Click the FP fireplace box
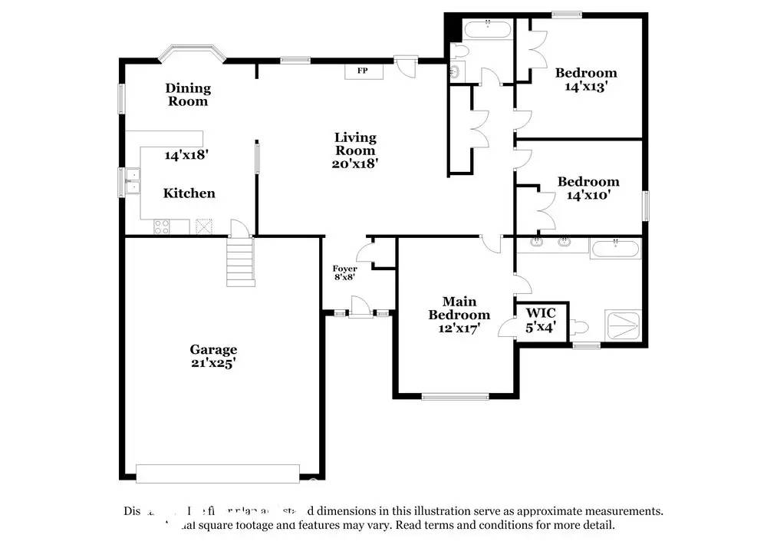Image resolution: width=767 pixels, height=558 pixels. [361, 71]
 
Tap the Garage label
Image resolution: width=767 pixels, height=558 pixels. [213, 349]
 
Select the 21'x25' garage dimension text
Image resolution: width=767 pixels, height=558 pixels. [213, 364]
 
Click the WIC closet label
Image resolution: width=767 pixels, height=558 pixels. [541, 313]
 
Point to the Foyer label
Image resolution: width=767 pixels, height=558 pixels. [344, 269]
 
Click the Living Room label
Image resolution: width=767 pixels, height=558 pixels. [355, 144]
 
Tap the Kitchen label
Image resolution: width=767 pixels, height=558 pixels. [189, 193]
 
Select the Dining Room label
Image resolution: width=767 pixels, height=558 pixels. [188, 94]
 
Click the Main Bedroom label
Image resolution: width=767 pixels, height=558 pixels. [459, 309]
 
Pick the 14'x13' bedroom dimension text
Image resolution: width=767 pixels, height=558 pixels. [586, 87]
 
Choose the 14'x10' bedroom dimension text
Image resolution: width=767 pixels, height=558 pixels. [588, 196]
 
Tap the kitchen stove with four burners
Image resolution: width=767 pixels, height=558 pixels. [162, 226]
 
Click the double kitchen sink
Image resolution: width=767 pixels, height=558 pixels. [131, 182]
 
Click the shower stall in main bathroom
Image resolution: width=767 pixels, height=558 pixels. [624, 325]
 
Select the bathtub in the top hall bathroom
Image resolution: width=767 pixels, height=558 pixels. [488, 30]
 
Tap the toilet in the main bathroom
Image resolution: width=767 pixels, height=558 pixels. [579, 328]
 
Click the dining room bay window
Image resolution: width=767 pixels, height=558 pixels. [192, 55]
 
